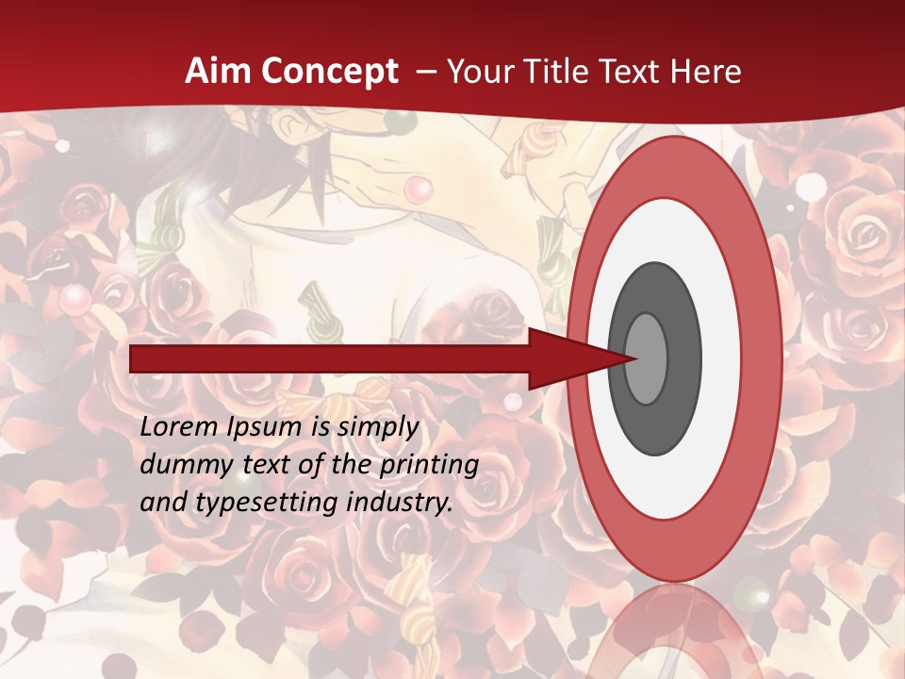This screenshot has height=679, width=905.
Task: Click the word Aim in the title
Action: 213,72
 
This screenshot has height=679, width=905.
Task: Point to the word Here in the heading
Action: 706,72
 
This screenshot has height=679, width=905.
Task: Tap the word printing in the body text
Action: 429,466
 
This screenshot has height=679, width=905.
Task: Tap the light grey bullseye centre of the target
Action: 647,358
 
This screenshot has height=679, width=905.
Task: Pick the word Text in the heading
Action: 635,72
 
